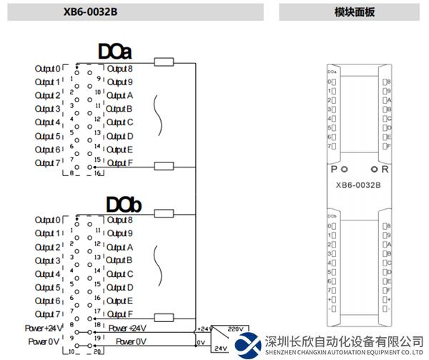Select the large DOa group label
[116, 52]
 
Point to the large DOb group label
[124, 205]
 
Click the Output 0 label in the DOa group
[47, 69]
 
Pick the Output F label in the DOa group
[119, 163]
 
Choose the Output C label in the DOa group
[119, 122]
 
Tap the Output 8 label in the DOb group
[119, 220]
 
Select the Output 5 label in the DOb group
[47, 288]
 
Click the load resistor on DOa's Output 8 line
[164, 63]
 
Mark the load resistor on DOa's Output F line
[164, 166]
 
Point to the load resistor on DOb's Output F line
[164, 317]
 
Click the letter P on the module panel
[333, 170]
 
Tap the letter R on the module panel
[385, 170]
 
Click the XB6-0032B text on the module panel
[358, 185]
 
